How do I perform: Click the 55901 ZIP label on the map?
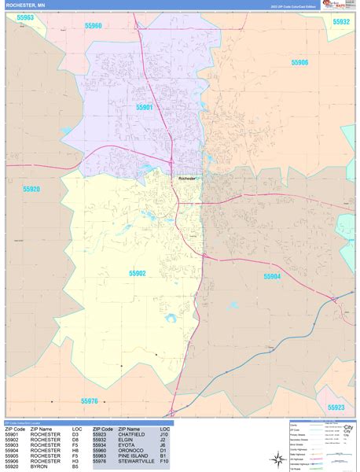point(144,107)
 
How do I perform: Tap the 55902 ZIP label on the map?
point(138,273)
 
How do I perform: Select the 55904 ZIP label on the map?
point(271,276)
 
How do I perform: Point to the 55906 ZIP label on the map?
point(299,63)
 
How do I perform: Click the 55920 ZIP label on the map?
point(31,190)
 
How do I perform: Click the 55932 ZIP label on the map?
point(341,22)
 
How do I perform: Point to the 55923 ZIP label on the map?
point(336,407)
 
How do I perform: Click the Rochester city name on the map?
point(187,179)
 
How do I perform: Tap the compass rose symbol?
point(277,459)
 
